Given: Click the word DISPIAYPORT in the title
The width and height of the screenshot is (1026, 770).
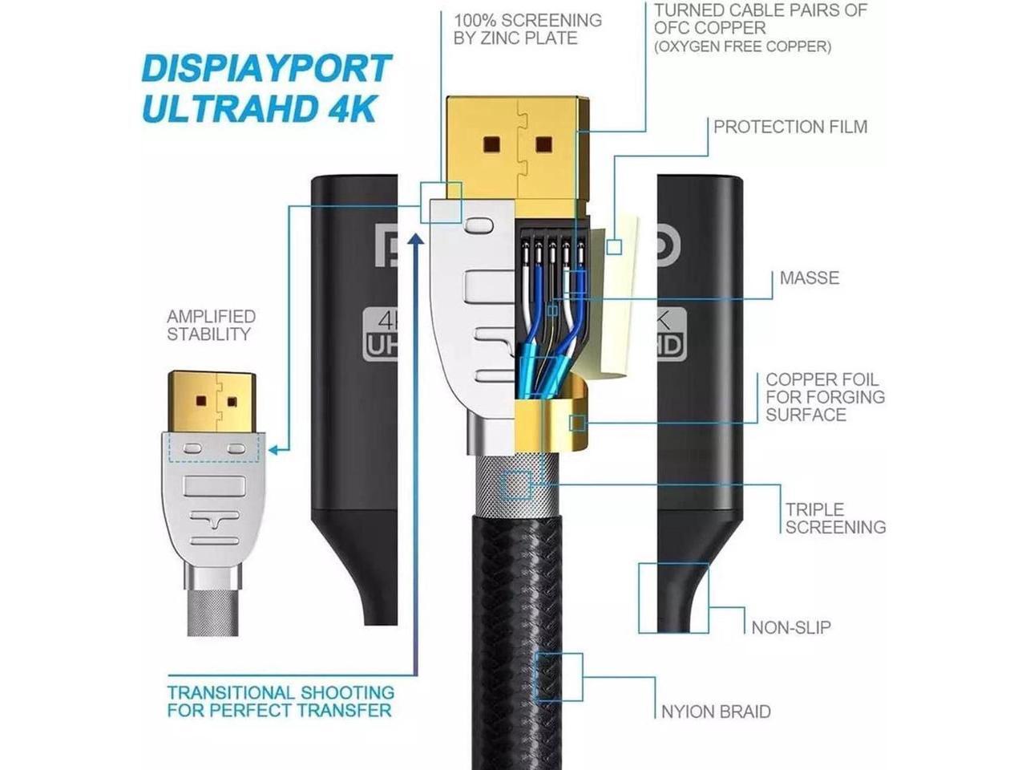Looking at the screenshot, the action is pos(266,69).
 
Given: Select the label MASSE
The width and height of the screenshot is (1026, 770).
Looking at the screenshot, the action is pos(809,278).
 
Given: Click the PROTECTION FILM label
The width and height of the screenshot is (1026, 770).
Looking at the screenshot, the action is pos(790,127).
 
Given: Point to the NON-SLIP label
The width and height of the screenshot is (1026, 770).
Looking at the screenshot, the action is pos(790,627).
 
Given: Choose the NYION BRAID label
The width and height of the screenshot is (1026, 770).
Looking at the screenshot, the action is pos(715,711).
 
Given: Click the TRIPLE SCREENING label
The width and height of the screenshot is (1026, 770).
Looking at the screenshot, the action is pos(835,518).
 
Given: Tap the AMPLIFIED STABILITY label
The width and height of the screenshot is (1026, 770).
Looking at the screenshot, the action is pos(211,326).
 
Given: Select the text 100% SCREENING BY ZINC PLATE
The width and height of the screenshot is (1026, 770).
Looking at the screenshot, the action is pos(527,29).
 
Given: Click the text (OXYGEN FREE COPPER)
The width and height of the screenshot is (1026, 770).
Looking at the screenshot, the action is pos(742,47).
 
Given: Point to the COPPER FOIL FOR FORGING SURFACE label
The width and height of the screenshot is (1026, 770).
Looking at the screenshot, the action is pos(825,397).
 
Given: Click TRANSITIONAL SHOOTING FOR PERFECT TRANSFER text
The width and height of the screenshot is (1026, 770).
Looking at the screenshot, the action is pos(281,701).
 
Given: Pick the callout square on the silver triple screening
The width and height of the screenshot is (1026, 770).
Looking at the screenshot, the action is pos(516,486).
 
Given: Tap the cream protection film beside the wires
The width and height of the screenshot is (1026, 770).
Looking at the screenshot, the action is pos(613,305).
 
